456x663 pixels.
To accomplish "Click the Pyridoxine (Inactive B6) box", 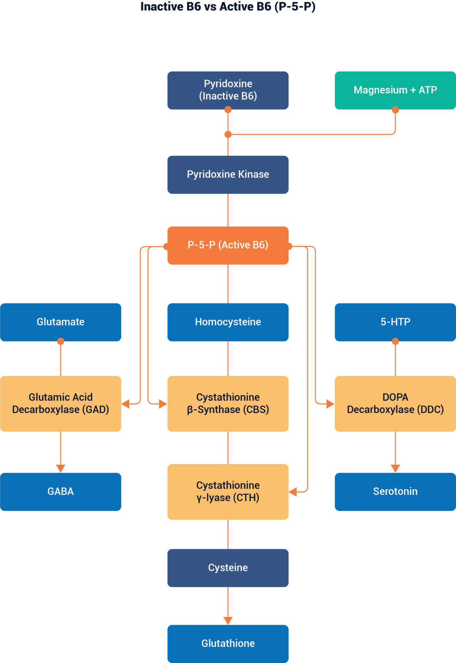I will [x=228, y=90].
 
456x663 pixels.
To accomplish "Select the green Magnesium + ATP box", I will [x=395, y=90].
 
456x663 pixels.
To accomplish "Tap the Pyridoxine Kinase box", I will [x=228, y=174].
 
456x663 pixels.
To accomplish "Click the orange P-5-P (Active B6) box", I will [x=228, y=245].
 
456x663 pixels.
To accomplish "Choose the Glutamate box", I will [x=61, y=322].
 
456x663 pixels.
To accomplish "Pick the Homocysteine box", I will [x=228, y=322].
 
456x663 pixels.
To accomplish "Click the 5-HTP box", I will [x=395, y=322].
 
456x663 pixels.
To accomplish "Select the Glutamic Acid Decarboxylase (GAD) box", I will [x=61, y=403].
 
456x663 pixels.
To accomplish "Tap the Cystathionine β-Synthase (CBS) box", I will [x=228, y=403].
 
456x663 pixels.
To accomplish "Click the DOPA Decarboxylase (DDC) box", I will [x=395, y=403].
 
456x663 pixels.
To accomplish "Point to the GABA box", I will [x=61, y=491].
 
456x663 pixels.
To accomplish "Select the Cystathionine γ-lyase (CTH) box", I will [x=228, y=491].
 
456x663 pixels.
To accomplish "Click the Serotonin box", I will [x=395, y=491].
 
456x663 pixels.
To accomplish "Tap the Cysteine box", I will [x=228, y=567].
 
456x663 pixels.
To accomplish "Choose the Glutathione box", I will [x=228, y=643].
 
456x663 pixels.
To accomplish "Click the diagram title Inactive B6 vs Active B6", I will [x=228, y=6].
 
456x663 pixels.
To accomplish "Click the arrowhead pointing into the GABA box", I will [x=61, y=468].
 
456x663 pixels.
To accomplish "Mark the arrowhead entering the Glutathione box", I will [x=228, y=620].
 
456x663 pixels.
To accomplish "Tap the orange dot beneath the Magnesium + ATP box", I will [x=395, y=110].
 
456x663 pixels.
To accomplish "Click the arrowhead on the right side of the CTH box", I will [x=293, y=492].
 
